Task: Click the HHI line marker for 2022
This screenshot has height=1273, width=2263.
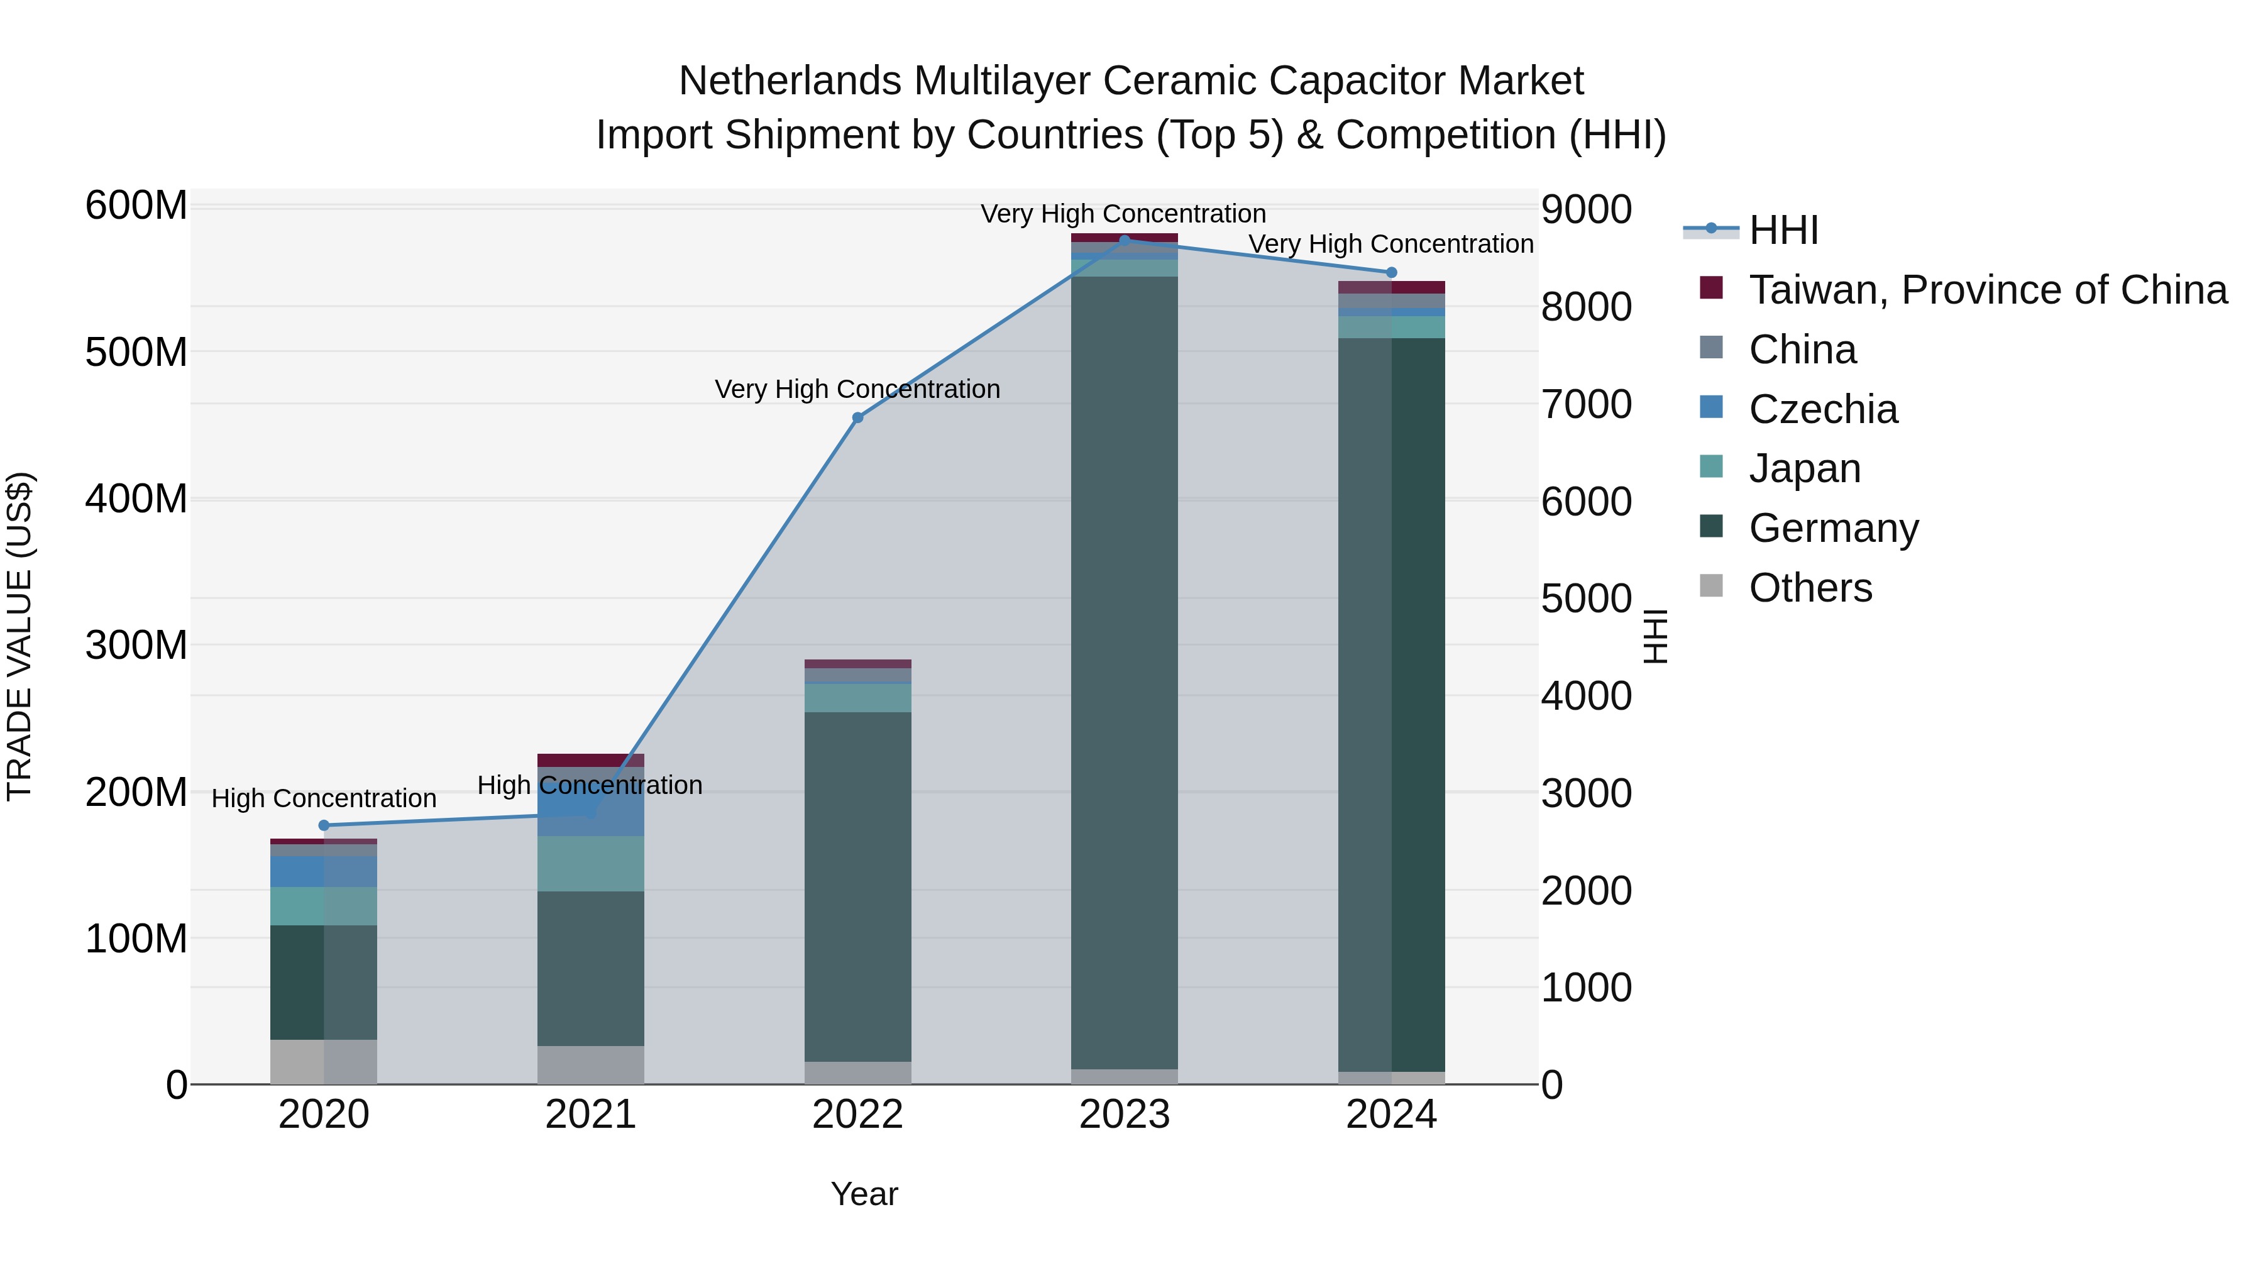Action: point(857,417)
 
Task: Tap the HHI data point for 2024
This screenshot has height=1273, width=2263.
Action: point(1390,272)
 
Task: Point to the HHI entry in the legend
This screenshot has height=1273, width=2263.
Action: point(1783,230)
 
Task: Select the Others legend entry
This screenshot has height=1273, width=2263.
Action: point(1810,588)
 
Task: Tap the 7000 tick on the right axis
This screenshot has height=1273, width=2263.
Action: point(1586,405)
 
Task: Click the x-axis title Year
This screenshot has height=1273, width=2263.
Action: point(864,1194)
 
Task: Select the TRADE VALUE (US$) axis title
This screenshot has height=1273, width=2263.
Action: point(19,636)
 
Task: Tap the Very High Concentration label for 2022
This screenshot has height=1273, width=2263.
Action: point(857,389)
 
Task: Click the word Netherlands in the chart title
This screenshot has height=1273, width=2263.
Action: point(790,81)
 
